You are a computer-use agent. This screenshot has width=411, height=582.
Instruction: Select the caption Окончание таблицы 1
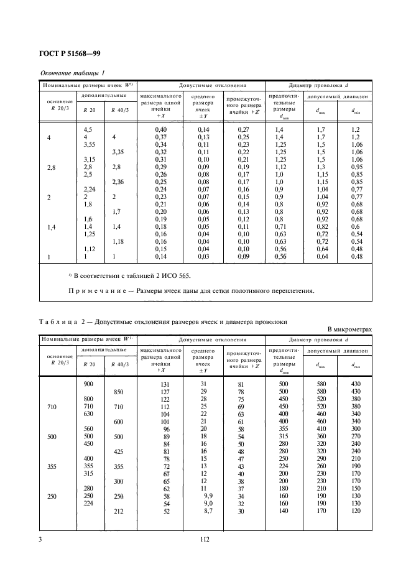click(x=73, y=73)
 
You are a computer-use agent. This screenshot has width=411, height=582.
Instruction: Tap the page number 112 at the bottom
click(x=205, y=540)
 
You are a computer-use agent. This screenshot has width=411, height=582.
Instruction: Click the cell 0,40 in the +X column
click(x=161, y=129)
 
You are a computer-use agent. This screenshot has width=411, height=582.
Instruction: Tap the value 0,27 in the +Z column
click(x=244, y=129)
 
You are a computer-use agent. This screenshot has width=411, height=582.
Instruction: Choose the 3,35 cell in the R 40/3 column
click(x=118, y=152)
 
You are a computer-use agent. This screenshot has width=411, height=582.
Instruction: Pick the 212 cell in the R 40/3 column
click(x=118, y=511)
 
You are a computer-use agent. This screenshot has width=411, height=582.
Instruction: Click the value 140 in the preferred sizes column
click(x=283, y=510)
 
